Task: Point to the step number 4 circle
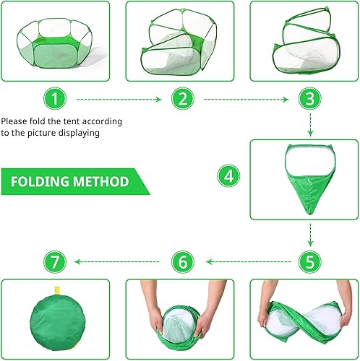pyautogui.click(x=229, y=175)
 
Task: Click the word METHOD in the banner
pyautogui.click(x=105, y=180)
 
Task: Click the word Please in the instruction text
pyautogui.click(x=15, y=121)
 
